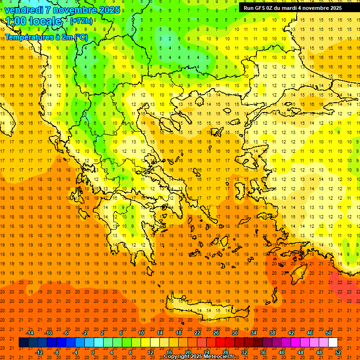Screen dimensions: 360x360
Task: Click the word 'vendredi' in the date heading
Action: point(24,10)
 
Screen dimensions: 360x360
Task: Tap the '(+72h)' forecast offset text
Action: point(81,21)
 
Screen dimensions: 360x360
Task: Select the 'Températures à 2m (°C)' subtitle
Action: point(46,37)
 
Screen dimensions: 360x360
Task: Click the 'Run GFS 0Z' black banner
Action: point(292,7)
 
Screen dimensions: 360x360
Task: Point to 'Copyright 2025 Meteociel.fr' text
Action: point(199,356)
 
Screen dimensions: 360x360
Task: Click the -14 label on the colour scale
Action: point(30,332)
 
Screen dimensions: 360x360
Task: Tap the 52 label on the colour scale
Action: point(338,352)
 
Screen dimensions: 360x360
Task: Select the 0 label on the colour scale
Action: point(93,352)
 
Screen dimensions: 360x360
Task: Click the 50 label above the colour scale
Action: point(328,332)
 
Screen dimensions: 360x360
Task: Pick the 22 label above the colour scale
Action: point(197,332)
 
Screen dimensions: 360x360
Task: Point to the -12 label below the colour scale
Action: point(39,352)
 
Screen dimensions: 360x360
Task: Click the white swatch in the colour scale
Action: point(333,343)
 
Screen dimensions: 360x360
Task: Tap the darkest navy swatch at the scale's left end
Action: point(24,343)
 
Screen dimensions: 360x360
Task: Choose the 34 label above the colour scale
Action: point(254,332)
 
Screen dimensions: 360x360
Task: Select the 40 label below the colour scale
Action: point(281,352)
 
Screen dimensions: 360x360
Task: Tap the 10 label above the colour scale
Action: point(141,332)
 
